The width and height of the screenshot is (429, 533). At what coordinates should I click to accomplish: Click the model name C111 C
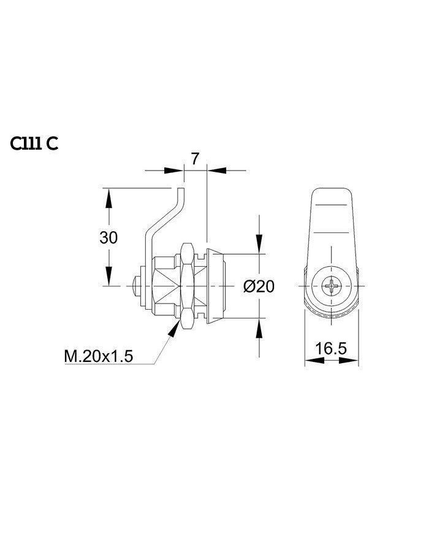pos(34,144)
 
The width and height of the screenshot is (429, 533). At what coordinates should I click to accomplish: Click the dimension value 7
pos(195,158)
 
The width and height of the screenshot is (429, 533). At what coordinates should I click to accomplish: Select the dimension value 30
pos(108,237)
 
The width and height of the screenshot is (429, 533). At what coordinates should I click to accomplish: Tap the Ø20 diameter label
pos(259,286)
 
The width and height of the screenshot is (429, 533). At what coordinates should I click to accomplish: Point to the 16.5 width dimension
pos(331,348)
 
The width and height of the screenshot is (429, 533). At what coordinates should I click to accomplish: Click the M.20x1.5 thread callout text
pos(99,356)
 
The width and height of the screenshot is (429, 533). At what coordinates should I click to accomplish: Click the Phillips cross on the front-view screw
pos(332,286)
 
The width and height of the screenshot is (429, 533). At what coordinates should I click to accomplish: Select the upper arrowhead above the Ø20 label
pos(259,245)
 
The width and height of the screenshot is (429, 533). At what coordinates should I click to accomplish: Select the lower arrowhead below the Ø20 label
pos(259,327)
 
